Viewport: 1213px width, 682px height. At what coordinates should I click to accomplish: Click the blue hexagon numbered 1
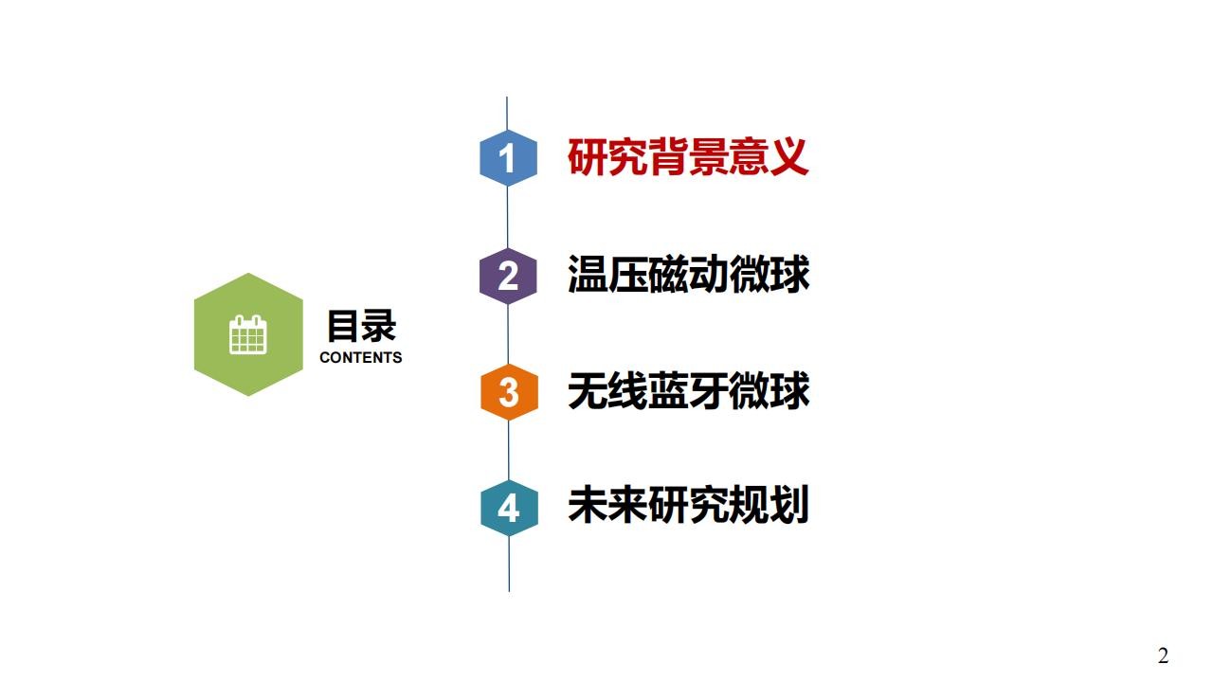[x=509, y=158]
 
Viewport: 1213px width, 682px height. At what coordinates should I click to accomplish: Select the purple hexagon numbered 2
[x=508, y=276]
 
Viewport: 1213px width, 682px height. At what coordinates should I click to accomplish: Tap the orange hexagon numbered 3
[x=509, y=392]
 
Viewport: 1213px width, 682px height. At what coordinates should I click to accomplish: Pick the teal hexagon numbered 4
[x=509, y=509]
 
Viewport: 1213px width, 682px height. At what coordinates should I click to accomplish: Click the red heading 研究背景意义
[x=688, y=157]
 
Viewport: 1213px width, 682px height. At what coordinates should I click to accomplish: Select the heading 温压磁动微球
[x=688, y=274]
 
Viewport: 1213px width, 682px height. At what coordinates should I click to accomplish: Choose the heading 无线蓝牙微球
[x=688, y=390]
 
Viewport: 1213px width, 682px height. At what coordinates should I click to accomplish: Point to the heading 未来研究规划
[x=688, y=505]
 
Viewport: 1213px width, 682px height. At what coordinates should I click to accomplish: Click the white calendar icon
[x=248, y=335]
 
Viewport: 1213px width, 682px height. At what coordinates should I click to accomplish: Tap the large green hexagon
[x=248, y=334]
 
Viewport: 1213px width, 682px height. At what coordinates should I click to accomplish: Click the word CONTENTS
[x=361, y=357]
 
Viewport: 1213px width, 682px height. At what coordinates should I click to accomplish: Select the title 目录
[x=361, y=326]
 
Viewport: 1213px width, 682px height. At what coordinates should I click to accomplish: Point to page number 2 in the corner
[x=1163, y=656]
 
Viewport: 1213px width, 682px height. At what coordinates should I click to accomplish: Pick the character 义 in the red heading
[x=789, y=157]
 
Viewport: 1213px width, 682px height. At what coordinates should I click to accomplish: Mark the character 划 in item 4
[x=789, y=505]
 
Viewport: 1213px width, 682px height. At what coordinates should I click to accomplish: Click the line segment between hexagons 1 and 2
[x=507, y=218]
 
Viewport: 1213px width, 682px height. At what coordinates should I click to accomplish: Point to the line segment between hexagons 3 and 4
[x=509, y=450]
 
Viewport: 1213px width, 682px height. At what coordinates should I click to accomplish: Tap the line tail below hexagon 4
[x=509, y=564]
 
